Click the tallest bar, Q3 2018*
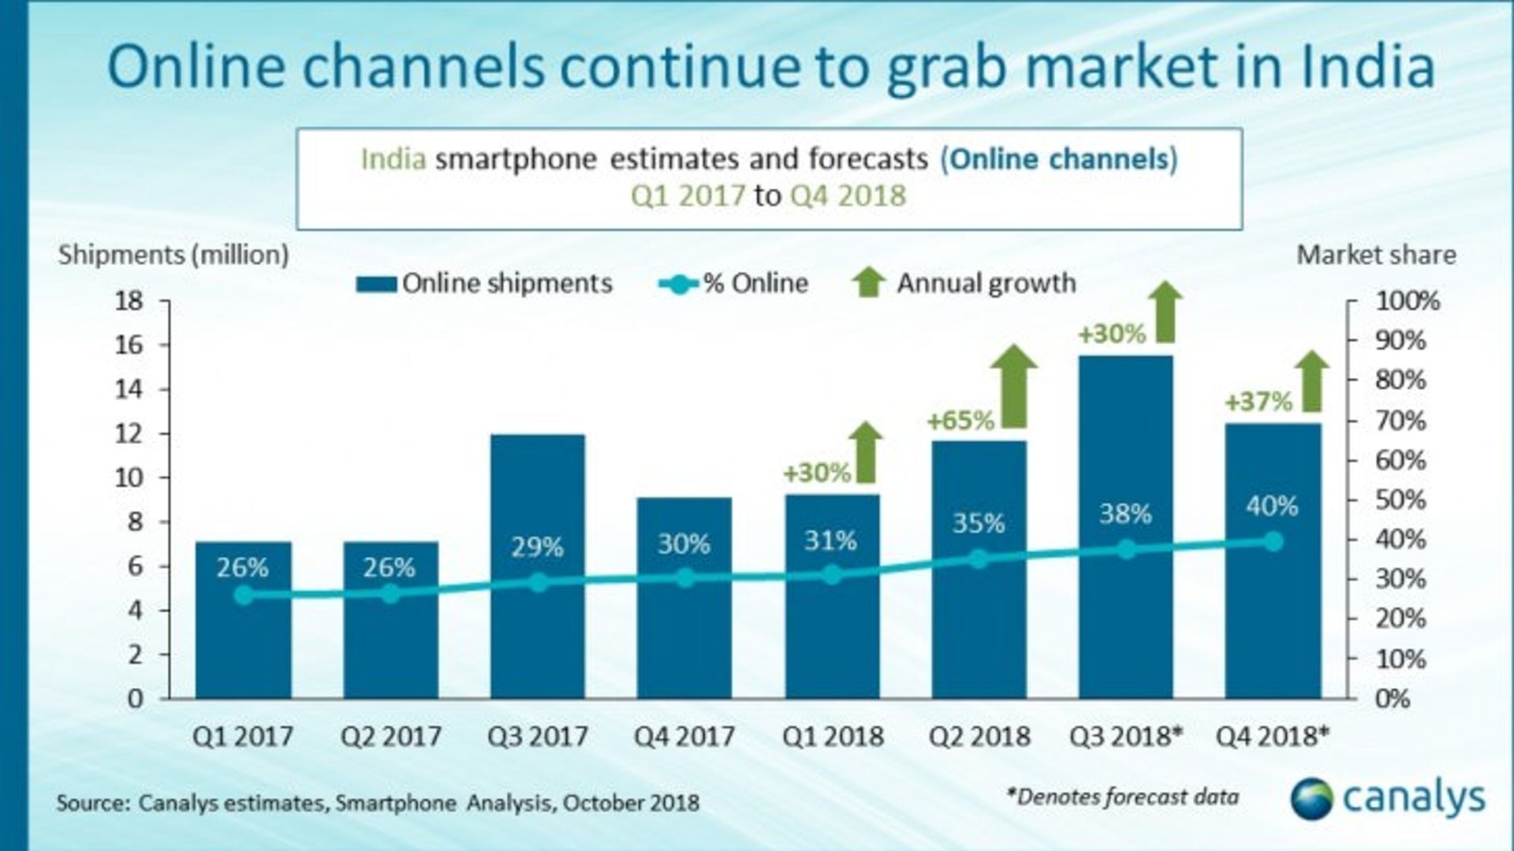(x=1125, y=615)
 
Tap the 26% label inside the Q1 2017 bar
(x=242, y=567)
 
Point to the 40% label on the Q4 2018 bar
(x=1272, y=506)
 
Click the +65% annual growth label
(x=960, y=420)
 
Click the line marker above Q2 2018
(x=979, y=559)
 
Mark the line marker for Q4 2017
(x=684, y=578)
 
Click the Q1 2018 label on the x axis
(x=832, y=737)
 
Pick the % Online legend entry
(x=733, y=284)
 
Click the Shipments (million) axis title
(x=173, y=255)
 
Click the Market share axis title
(x=1376, y=255)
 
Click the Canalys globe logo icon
(x=1311, y=799)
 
